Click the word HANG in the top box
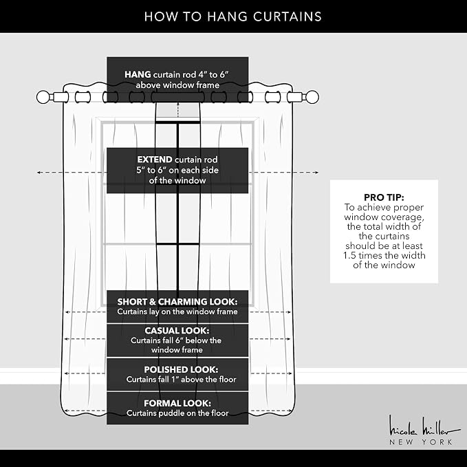138,74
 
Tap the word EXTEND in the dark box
155,160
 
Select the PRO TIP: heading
384,197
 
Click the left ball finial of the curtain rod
43,97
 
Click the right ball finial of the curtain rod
312,97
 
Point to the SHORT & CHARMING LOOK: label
177,302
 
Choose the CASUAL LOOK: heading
177,331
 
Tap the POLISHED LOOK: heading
181,369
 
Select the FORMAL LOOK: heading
177,403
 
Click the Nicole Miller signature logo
424,426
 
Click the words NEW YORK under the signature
421,442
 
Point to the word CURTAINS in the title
287,17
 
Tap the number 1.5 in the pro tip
349,256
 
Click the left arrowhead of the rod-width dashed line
39,172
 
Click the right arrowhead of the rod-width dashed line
316,172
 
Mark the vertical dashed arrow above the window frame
178,109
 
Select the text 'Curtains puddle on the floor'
177,413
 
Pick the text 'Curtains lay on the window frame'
177,312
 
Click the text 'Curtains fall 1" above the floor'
181,380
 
